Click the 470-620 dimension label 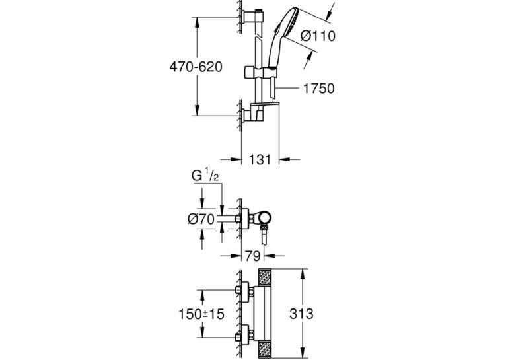click(196, 67)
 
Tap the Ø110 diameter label click(318, 36)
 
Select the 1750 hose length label click(318, 89)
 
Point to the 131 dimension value click(260, 159)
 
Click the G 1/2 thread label click(205, 176)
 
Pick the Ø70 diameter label click(201, 219)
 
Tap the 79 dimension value click(253, 256)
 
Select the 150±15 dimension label click(201, 314)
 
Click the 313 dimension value click(301, 314)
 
